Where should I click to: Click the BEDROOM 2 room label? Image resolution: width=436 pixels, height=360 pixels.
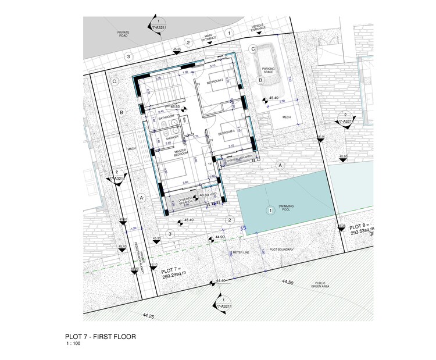tap(216, 81)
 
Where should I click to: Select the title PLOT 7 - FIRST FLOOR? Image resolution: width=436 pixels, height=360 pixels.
tap(101, 337)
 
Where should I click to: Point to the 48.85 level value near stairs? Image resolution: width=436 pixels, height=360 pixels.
tap(174, 107)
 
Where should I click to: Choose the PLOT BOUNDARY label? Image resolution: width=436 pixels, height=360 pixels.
tap(282, 250)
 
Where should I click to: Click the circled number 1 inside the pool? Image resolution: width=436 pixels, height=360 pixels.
tap(269, 210)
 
